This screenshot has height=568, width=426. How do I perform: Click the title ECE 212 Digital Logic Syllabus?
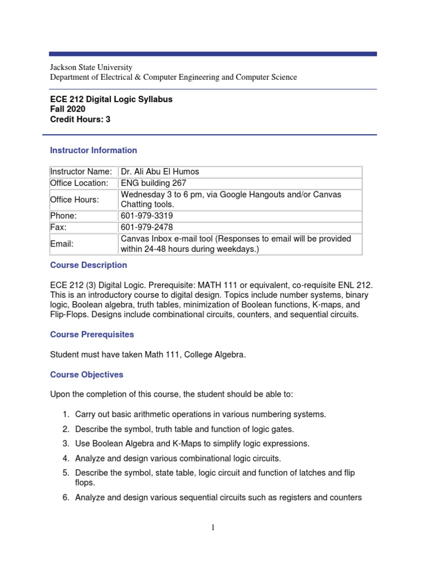[x=111, y=99]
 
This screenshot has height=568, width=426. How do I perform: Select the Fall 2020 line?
[x=68, y=109]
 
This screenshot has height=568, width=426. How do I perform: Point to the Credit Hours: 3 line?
[x=80, y=119]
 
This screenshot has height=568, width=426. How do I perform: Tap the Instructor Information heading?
[x=93, y=150]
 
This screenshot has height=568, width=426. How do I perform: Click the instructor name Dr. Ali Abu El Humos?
[x=160, y=172]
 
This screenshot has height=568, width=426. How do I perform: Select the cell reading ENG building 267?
[x=153, y=183]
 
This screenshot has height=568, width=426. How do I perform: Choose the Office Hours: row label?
[x=74, y=200]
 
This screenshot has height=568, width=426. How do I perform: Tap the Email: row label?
[x=62, y=244]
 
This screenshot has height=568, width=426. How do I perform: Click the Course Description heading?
[x=88, y=265]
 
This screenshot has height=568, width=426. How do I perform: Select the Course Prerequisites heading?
[x=92, y=335]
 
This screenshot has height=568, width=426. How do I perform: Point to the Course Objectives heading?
[x=87, y=375]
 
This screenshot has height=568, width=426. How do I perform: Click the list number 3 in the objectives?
[x=65, y=444]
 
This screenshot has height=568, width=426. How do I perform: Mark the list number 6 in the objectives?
[x=65, y=498]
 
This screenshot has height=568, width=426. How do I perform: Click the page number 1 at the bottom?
[x=212, y=528]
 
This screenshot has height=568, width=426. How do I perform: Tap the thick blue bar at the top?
[x=213, y=54]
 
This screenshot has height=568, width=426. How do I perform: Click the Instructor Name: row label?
[x=81, y=172]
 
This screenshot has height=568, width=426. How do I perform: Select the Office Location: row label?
[x=79, y=183]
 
